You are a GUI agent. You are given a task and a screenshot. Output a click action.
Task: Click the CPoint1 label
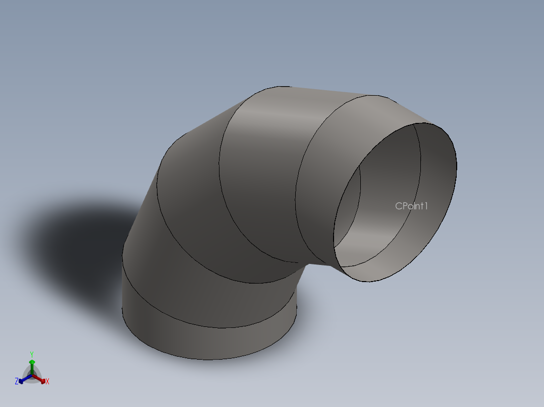[x=411, y=206]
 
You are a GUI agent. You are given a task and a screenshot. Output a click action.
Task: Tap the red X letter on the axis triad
[x=47, y=382]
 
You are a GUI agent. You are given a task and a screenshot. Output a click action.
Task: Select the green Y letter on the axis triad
[x=32, y=354]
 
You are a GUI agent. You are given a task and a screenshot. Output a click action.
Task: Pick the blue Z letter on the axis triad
[x=17, y=382]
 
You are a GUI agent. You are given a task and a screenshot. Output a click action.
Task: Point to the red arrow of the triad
[x=41, y=380]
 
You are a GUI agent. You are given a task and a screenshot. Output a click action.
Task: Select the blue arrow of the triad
[x=23, y=380]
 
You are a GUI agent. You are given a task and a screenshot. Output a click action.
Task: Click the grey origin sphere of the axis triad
[x=32, y=375]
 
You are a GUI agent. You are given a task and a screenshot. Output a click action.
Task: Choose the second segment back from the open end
[x=262, y=151]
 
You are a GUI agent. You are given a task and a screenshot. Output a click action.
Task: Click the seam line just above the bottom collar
[x=212, y=327]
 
